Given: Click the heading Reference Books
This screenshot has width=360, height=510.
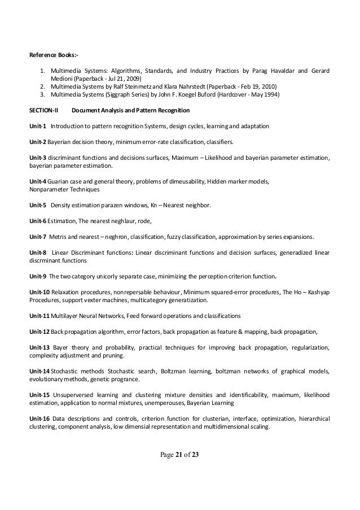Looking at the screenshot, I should tap(54, 55).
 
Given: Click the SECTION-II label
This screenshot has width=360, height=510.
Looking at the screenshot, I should tap(47, 110).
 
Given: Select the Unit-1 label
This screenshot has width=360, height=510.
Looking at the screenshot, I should tap(38, 124).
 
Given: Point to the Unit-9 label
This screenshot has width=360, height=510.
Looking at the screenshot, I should tap(38, 276).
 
